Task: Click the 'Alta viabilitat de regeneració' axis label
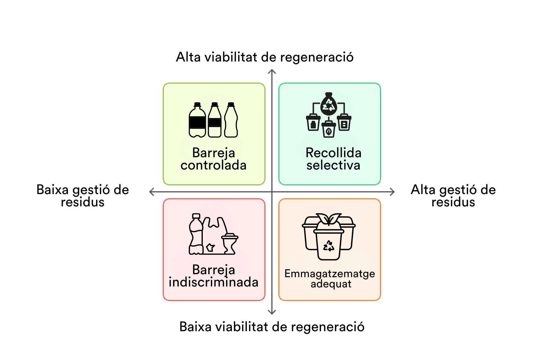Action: pyautogui.click(x=265, y=57)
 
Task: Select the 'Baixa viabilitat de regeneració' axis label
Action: pyautogui.click(x=272, y=327)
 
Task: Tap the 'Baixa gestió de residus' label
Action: pyautogui.click(x=82, y=196)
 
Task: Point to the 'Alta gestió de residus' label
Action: pyautogui.click(x=453, y=196)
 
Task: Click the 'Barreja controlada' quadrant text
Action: pyautogui.click(x=214, y=159)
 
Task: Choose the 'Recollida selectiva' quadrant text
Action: pyautogui.click(x=333, y=159)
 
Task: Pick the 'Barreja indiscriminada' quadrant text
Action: pyautogui.click(x=214, y=276)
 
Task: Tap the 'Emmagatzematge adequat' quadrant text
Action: pyautogui.click(x=330, y=278)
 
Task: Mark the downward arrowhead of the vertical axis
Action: pyautogui.click(x=272, y=312)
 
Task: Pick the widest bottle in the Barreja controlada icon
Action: pyautogui.click(x=197, y=121)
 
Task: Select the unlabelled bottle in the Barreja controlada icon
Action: pyautogui.click(x=231, y=121)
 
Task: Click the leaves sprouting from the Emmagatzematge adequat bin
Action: pyautogui.click(x=329, y=219)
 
